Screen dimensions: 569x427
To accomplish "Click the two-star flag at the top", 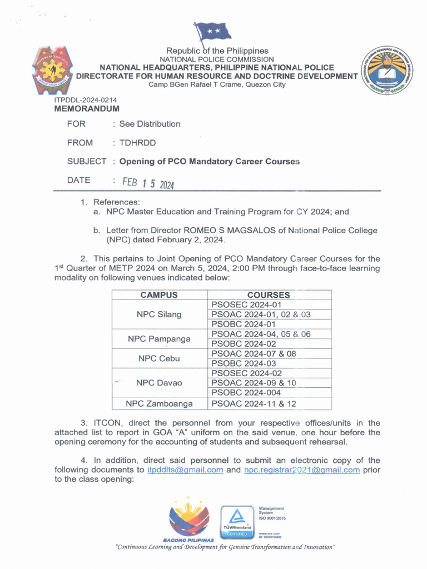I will click(x=213, y=32).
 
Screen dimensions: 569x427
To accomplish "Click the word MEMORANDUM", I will click(x=86, y=109).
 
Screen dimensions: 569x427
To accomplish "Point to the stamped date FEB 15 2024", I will click(x=144, y=183).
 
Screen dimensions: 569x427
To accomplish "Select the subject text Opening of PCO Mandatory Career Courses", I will click(x=210, y=162).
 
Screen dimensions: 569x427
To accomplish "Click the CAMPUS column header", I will click(x=159, y=295).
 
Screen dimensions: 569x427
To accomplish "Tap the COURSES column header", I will click(x=269, y=295).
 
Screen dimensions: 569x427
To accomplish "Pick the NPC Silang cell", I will click(x=159, y=315).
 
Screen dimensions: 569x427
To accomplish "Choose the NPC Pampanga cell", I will click(x=159, y=338).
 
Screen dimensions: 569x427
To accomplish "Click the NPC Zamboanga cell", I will click(x=159, y=403).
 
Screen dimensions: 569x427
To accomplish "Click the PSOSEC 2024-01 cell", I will click(x=247, y=305).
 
